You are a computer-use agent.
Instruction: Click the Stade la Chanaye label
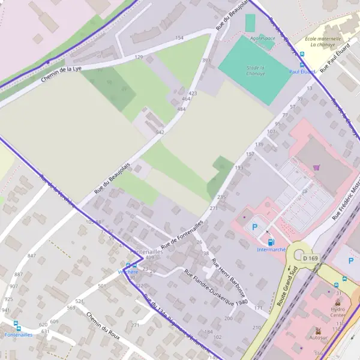point(256,71)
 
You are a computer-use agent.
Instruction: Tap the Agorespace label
point(262,37)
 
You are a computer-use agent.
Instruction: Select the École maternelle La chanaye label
point(322,42)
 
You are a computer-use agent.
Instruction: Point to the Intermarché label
point(271,249)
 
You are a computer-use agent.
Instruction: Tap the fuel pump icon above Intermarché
point(271,242)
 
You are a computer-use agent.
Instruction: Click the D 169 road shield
point(310,258)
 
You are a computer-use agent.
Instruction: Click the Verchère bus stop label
point(128,272)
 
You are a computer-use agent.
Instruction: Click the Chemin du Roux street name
point(103,326)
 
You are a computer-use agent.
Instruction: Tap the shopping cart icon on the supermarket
point(316,168)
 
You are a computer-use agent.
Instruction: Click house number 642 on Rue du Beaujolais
point(160,132)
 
